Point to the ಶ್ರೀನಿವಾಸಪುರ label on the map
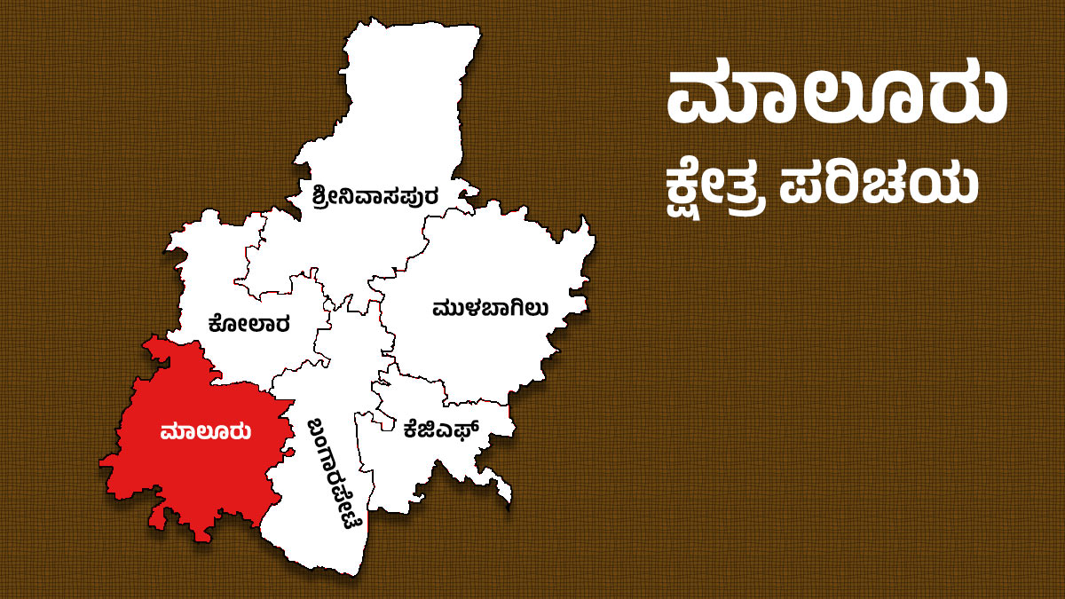pyautogui.click(x=375, y=195)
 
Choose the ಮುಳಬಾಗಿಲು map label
pyautogui.click(x=490, y=308)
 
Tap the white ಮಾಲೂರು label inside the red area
pyautogui.click(x=205, y=432)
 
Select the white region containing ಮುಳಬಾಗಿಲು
pyautogui.click(x=479, y=266)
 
